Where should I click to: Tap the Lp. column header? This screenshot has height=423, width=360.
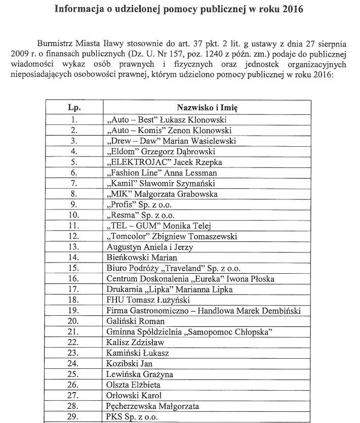tap(74, 108)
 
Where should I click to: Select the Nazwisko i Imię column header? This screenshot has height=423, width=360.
tap(207, 108)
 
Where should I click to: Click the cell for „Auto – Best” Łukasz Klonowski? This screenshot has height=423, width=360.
tap(167, 120)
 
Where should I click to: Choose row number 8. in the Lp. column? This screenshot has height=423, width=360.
tap(74, 194)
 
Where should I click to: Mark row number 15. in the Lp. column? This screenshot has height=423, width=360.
tap(74, 268)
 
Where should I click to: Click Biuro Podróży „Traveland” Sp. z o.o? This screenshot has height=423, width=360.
tap(173, 268)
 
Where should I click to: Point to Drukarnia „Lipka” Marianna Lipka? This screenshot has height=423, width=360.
tap(163, 289)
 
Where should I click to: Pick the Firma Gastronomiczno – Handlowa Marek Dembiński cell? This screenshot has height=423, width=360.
tap(204, 311)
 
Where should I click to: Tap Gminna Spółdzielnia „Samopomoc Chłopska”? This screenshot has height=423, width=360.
tap(190, 332)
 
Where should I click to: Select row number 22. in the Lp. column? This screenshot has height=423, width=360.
tap(74, 343)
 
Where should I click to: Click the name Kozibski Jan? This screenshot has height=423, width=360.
tap(130, 364)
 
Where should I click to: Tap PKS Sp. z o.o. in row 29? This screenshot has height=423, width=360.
tap(132, 417)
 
